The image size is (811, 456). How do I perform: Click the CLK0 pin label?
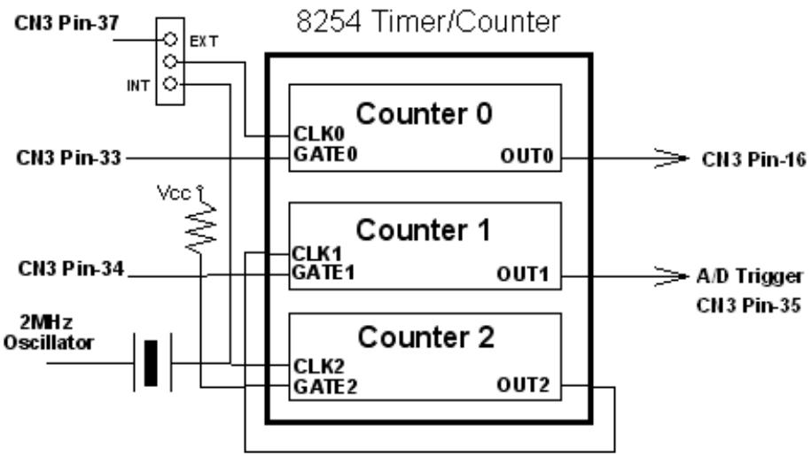(x=318, y=134)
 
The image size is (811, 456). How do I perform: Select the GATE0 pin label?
(x=325, y=154)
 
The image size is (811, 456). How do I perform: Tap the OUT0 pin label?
(x=526, y=156)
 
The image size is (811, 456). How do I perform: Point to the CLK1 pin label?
(x=317, y=253)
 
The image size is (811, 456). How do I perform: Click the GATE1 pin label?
(x=324, y=272)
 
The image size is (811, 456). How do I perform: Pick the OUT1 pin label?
(x=523, y=274)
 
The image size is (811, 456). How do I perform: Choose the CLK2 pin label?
(x=318, y=367)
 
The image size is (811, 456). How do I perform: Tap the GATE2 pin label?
(x=325, y=386)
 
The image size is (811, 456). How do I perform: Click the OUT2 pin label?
(x=524, y=385)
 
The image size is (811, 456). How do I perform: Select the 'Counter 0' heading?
(x=425, y=113)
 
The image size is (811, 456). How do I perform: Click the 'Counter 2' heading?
(x=425, y=337)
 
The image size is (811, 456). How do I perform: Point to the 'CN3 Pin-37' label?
(x=66, y=23)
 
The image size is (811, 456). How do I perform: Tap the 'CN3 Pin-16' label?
(x=754, y=159)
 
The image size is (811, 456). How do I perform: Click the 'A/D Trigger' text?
(x=750, y=277)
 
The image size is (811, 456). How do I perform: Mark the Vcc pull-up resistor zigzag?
(x=201, y=228)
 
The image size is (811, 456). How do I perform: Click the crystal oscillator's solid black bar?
(x=151, y=363)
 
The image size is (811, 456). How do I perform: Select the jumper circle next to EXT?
(x=170, y=39)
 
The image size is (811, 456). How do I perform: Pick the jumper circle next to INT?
(x=170, y=83)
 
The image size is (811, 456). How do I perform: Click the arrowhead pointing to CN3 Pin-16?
(x=672, y=158)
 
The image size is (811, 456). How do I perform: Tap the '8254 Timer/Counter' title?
(x=428, y=21)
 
